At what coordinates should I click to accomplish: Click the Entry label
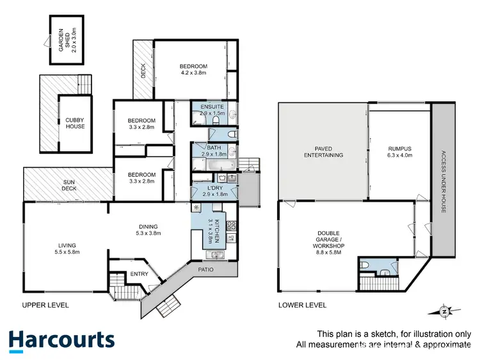[x=139, y=274]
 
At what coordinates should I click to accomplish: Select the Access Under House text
[x=443, y=182]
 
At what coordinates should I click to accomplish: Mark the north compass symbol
[x=444, y=311]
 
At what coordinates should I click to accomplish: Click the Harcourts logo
[x=61, y=340]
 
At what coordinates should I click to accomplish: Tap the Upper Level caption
[x=45, y=305]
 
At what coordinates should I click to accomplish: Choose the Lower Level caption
[x=302, y=305]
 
